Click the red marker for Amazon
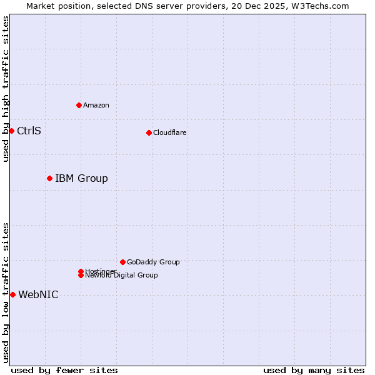coord(79,105)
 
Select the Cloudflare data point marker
coord(149,132)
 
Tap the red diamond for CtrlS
coord(11,131)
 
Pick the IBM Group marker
coord(49,179)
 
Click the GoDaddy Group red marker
coord(122,262)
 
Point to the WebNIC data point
coord(12,294)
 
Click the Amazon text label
coord(96,105)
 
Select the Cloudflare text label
coord(170,132)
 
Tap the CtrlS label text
coord(29,131)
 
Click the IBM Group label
coord(81,179)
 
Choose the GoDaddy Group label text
coord(153,262)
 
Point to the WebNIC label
coord(38,295)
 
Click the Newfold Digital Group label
coord(122,276)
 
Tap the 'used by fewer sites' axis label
coord(64,370)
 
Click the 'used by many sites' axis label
coord(314,370)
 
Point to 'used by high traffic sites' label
coord(6,89)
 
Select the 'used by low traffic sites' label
coord(6,292)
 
